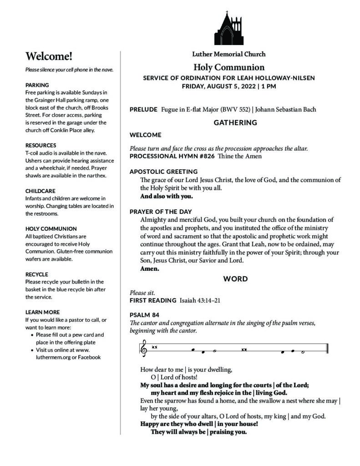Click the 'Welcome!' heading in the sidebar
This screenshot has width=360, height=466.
pyautogui.click(x=49, y=56)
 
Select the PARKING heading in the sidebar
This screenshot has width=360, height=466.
pyautogui.click(x=37, y=85)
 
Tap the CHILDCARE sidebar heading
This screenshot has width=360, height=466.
pyautogui.click(x=41, y=191)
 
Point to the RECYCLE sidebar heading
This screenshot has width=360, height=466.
pyautogui.click(x=37, y=274)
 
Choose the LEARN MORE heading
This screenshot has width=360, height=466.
pyautogui.click(x=42, y=312)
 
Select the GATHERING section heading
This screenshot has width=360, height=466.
pyautogui.click(x=235, y=122)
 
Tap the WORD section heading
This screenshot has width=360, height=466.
pyautogui.click(x=235, y=279)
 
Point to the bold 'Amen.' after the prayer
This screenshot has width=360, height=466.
pyautogui.click(x=149, y=269)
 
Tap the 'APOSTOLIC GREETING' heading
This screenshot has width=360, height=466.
pyautogui.click(x=163, y=172)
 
